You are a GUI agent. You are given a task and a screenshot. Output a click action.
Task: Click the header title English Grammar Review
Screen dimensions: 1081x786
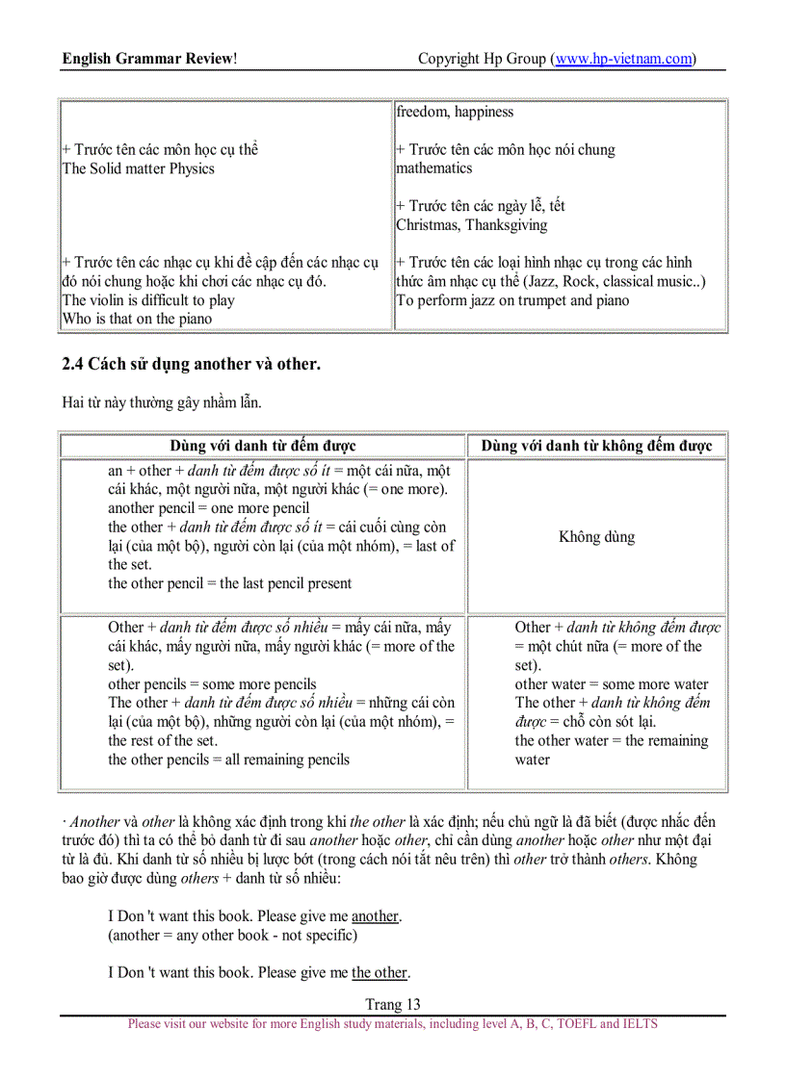point(149,59)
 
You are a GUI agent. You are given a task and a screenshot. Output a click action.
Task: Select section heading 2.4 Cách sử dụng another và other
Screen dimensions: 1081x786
point(191,364)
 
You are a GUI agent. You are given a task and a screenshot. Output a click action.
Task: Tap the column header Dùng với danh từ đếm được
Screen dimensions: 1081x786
point(263,446)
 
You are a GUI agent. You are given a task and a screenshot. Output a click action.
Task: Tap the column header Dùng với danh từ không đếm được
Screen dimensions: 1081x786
point(596,446)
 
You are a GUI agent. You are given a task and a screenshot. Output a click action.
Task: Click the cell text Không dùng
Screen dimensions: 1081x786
point(596,536)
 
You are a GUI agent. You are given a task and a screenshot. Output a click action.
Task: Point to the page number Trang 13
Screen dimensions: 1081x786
point(393,1004)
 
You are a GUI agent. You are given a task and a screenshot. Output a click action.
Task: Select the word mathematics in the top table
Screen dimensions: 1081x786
point(433,168)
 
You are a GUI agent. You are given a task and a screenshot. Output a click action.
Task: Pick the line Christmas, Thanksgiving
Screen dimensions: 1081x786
point(471,225)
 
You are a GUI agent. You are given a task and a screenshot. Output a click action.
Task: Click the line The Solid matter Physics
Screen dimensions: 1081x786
point(139,168)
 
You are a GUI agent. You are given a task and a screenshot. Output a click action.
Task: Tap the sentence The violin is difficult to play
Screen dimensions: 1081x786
point(148,300)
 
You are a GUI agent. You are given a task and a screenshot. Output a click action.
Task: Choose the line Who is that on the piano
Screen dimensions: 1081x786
point(137,319)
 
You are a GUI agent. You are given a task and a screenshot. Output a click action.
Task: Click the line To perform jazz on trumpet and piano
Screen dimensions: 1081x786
point(512,300)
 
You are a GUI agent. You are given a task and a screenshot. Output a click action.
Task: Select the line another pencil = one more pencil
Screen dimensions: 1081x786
point(208,508)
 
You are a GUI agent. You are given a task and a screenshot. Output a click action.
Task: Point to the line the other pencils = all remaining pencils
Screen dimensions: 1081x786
point(228,759)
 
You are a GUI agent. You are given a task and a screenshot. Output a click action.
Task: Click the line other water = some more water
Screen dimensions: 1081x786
point(611,684)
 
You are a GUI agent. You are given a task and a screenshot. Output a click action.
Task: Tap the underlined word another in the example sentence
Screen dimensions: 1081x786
point(375,916)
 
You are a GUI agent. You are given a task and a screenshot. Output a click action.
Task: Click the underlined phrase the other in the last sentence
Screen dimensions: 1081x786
point(380,972)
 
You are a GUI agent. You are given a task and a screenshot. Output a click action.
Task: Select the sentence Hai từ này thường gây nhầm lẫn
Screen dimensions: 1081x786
point(161,402)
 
